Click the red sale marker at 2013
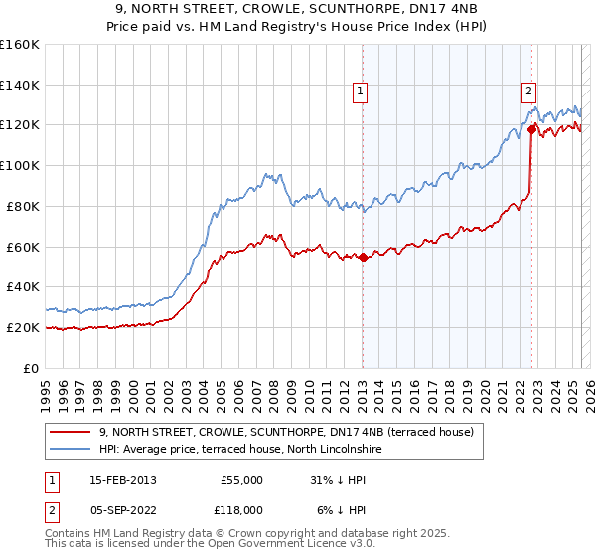(x=363, y=257)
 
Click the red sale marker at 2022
(x=532, y=128)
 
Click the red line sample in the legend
(x=71, y=432)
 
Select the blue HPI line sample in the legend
(x=71, y=449)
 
